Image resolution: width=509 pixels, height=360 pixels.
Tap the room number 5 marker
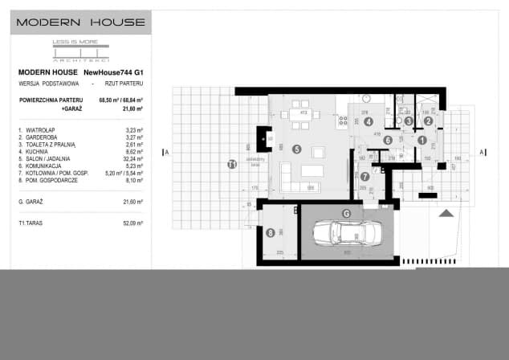tap(296, 149)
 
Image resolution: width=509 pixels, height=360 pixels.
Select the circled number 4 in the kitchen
tap(369, 122)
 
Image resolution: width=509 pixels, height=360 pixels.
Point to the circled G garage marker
tap(347, 213)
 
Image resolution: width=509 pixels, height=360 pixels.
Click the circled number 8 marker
tap(270, 233)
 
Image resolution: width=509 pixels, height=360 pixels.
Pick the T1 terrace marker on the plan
tap(232, 165)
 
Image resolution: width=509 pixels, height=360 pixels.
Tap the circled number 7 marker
tap(364, 176)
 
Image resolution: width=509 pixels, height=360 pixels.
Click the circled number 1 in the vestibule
tap(421, 141)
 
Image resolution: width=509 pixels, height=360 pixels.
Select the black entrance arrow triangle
tap(447, 214)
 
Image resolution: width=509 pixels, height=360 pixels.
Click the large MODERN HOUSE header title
tap(81, 22)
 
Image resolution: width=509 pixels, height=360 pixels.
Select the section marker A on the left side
tap(165, 151)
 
